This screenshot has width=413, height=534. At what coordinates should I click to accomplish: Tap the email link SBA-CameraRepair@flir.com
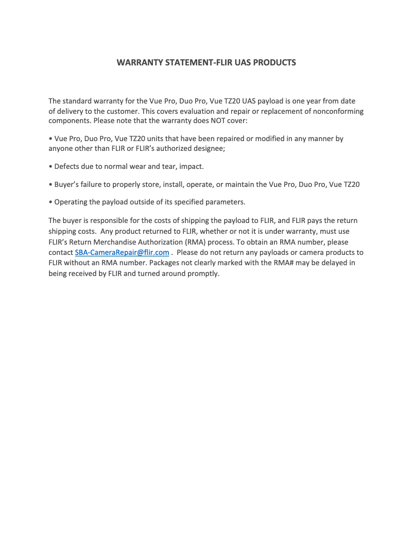pyautogui.click(x=122, y=252)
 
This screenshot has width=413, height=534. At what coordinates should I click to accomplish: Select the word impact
pyautogui.click(x=192, y=167)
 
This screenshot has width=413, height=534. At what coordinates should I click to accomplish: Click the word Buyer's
pyautogui.click(x=67, y=184)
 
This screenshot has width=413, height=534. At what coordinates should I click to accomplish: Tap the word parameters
pyautogui.click(x=225, y=202)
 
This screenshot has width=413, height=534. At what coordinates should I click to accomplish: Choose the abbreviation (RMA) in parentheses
pyautogui.click(x=195, y=242)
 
